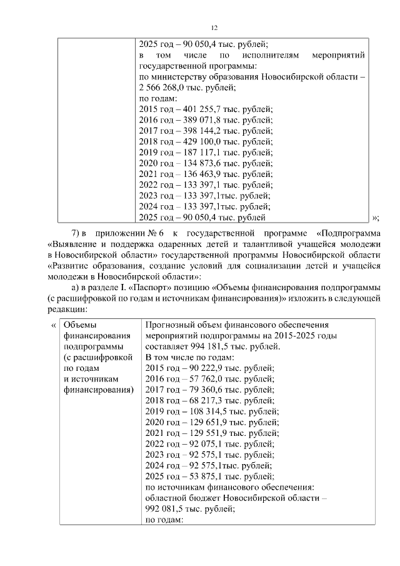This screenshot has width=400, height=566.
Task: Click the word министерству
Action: [181, 76]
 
